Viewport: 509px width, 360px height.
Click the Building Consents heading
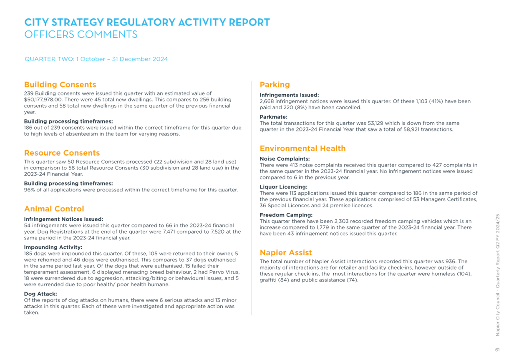(x=60, y=85)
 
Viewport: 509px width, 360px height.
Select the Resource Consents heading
(x=62, y=153)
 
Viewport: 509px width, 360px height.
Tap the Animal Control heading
(x=54, y=209)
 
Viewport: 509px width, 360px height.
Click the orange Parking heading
(x=275, y=85)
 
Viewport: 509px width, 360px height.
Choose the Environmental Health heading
(x=302, y=149)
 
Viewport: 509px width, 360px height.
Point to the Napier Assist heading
(x=286, y=252)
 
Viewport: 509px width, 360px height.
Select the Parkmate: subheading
(x=274, y=117)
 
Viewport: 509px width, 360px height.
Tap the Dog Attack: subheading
(x=40, y=294)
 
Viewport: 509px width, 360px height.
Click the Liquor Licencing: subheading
(x=284, y=187)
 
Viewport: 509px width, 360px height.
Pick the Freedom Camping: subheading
(x=286, y=215)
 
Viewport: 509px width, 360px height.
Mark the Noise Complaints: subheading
(x=285, y=159)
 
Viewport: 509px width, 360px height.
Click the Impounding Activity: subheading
(x=53, y=247)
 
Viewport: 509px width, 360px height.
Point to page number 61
(x=497, y=350)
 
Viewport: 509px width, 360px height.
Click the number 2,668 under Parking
(x=267, y=101)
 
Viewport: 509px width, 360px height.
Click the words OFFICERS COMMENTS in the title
(x=81, y=35)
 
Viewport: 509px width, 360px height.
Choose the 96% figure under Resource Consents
(x=29, y=190)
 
